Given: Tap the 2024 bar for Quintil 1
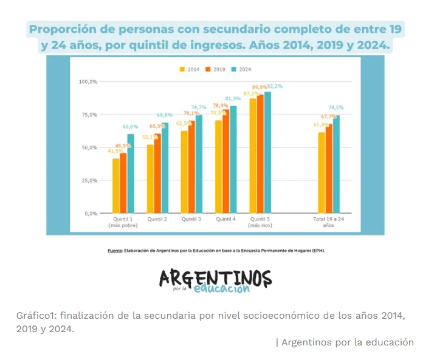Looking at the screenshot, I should tap(131, 174).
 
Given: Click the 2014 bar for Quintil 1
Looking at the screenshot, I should tap(115, 186).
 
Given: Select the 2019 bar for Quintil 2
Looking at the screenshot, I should tap(157, 174).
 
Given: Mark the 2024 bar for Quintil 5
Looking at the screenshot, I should tap(267, 152).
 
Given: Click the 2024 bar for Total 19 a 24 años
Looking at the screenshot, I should tap(336, 164).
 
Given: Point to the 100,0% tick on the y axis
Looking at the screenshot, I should tap(89, 81).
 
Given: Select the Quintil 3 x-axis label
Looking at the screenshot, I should tap(192, 219).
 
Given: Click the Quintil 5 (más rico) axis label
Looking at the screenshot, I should tap(260, 222).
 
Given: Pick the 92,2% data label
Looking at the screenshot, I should tap(275, 86).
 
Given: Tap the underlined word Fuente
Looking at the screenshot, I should tap(115, 250).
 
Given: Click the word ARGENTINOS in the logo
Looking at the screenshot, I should tap(215, 277).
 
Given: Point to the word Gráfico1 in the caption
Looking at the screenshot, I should tap(36, 316).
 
